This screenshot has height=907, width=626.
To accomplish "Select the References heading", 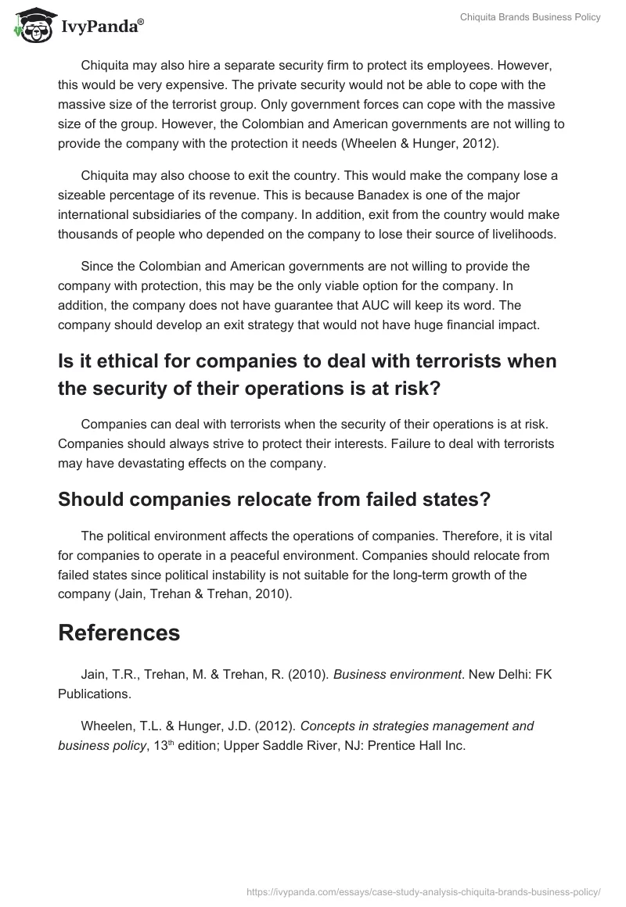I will point(119,633).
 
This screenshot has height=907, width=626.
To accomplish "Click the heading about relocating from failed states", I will point(274,499).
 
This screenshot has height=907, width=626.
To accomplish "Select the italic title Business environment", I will point(398,674).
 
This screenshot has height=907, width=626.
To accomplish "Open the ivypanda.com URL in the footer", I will point(423,891).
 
